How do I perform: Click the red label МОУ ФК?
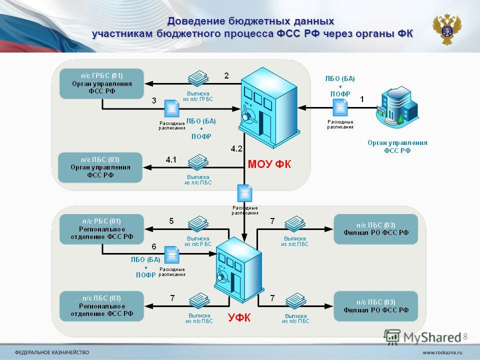click(269, 164)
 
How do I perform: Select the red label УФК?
click(239, 318)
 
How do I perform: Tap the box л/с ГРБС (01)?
click(101, 83)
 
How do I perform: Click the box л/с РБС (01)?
click(101, 229)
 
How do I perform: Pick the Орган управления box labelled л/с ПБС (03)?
click(100, 167)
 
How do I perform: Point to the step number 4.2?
click(236, 149)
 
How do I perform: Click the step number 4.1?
click(171, 159)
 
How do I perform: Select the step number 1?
click(362, 99)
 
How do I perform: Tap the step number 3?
click(154, 100)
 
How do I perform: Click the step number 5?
click(171, 221)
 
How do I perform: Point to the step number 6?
click(154, 246)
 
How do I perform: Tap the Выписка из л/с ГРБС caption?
click(198, 96)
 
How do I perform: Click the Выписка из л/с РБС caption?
click(198, 241)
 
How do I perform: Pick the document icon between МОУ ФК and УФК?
click(245, 193)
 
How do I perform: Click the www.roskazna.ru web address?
click(442, 352)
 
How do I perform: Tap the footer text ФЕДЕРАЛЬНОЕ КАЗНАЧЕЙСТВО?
click(52, 352)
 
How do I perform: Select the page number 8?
click(465, 336)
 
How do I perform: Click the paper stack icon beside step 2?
click(198, 78)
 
